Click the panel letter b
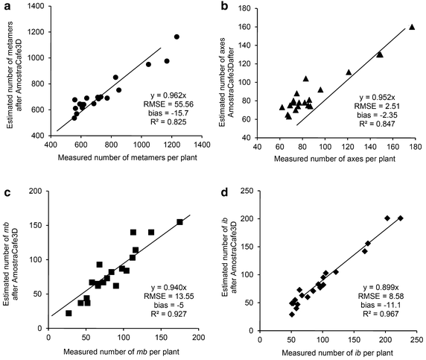pyautogui.click(x=224, y=7)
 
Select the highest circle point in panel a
pyautogui.click(x=177, y=37)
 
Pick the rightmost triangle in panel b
pyautogui.click(x=411, y=27)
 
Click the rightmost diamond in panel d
pyautogui.click(x=401, y=218)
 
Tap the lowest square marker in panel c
pyautogui.click(x=69, y=313)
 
